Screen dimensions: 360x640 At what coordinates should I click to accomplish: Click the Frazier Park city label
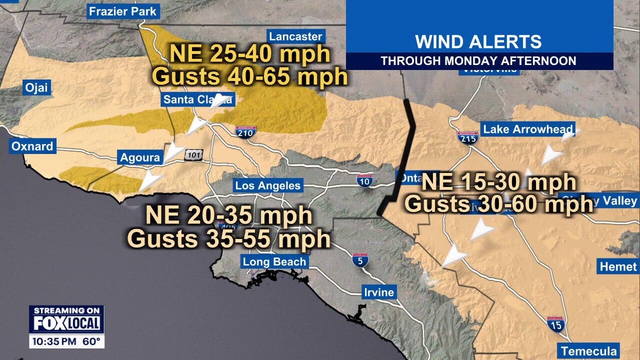coord(122,11)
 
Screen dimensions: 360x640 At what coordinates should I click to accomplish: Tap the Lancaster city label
coord(295,36)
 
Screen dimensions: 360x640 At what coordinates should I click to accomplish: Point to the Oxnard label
coord(32,147)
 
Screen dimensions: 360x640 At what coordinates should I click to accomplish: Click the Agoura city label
coord(140,158)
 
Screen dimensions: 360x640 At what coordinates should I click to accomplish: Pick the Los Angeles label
coord(268,186)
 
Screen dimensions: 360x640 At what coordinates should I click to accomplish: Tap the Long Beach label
coord(274,261)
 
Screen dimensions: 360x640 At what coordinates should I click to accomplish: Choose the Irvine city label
coord(379,292)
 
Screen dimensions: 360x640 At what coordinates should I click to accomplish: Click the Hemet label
coord(618,266)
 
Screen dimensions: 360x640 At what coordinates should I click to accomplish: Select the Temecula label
coord(589,351)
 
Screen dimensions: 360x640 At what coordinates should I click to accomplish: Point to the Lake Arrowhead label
coord(527,129)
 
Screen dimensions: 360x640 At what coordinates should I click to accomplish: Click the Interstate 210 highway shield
coord(245,131)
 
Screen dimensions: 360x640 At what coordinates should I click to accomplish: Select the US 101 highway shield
coord(193,155)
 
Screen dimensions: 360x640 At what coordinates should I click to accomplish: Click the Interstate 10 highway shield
coord(364,180)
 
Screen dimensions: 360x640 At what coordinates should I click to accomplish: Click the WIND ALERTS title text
coord(478,41)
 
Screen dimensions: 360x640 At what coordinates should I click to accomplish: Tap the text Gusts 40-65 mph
coord(250,76)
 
